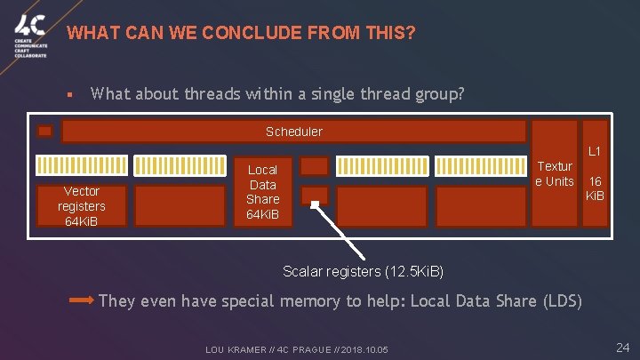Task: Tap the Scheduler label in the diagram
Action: click(x=294, y=132)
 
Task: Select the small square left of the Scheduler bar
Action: click(x=44, y=132)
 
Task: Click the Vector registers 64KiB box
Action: click(x=81, y=206)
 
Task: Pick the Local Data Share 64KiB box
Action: click(x=262, y=193)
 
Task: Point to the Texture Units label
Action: click(x=556, y=174)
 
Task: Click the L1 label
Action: click(x=595, y=153)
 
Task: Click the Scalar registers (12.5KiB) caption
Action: click(x=363, y=270)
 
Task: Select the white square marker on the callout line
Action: click(x=315, y=204)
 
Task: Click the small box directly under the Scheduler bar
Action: click(x=315, y=166)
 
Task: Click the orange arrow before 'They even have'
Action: click(x=81, y=301)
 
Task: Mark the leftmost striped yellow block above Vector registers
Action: click(x=81, y=165)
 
